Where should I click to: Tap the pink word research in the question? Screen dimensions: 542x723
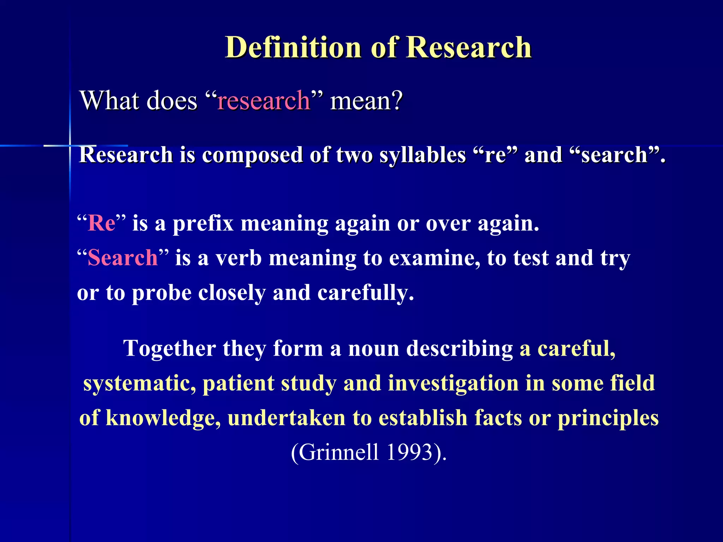pyautogui.click(x=263, y=101)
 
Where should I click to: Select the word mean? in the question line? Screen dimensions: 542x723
pyautogui.click(x=366, y=101)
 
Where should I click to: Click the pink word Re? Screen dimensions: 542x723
pyautogui.click(x=102, y=223)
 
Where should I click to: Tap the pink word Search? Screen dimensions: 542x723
pyautogui.click(x=123, y=258)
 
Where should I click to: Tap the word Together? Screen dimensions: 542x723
pyautogui.click(x=169, y=349)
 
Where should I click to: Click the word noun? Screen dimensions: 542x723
pyautogui.click(x=374, y=349)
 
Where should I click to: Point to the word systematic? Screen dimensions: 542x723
pyautogui.click(x=139, y=383)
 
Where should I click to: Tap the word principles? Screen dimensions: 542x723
pyautogui.click(x=608, y=418)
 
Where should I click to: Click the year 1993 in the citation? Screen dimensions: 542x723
pyautogui.click(x=410, y=452)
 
